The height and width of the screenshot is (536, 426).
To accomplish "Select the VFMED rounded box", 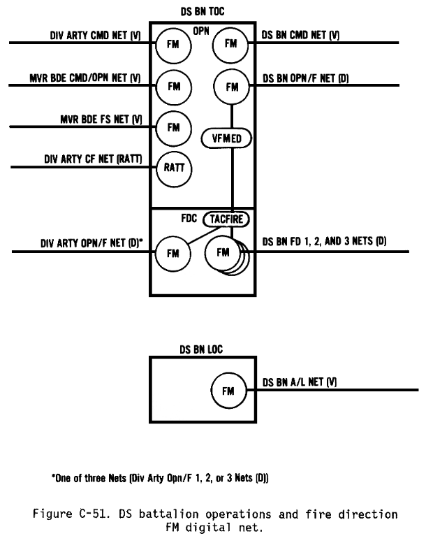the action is point(226,138).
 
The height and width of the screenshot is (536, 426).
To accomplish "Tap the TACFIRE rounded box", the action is point(226,219).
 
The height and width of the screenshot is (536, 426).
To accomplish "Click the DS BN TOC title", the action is point(203,12).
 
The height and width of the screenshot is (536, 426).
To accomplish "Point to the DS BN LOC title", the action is point(201,349).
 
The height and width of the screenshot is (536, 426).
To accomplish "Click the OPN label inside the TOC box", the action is point(201,31).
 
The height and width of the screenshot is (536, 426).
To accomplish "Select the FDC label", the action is point(189,218).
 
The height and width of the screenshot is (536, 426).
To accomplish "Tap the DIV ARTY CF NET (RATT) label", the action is point(93,159).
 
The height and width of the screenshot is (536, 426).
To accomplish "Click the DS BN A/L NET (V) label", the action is point(300,382).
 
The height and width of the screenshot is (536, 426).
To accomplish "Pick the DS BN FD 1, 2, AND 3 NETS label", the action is point(324,241).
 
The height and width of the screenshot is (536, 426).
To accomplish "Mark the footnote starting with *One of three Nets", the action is point(160,477).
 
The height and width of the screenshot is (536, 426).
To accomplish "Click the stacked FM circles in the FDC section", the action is point(227,256).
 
